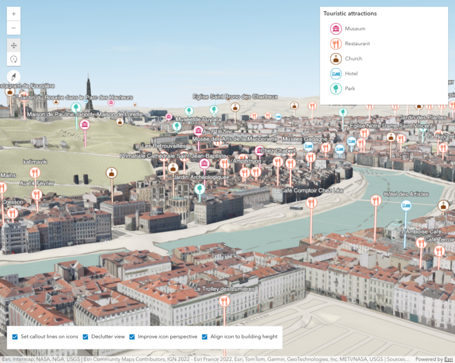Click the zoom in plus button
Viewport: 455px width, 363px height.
click(x=14, y=13)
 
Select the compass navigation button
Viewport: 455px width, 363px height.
click(x=14, y=77)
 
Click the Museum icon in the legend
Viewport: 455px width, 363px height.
click(x=335, y=29)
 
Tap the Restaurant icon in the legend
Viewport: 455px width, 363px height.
click(x=335, y=44)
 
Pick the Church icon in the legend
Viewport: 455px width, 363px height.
click(x=335, y=59)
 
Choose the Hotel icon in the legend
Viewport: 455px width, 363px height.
click(x=335, y=73)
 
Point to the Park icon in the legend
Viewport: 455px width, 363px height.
click(x=335, y=88)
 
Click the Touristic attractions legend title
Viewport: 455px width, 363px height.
click(x=350, y=13)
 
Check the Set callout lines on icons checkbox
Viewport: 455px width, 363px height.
click(x=15, y=337)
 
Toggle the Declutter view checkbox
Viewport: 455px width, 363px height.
click(x=86, y=337)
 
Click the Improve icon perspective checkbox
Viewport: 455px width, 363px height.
click(x=132, y=337)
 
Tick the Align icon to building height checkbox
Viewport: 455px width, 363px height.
click(x=205, y=337)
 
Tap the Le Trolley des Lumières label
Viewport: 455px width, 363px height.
click(x=224, y=289)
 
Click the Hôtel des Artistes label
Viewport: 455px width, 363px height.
click(x=406, y=194)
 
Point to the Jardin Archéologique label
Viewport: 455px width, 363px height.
click(x=201, y=177)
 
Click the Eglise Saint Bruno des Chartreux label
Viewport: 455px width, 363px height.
click(x=235, y=97)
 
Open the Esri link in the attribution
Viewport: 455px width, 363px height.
click(x=448, y=359)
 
